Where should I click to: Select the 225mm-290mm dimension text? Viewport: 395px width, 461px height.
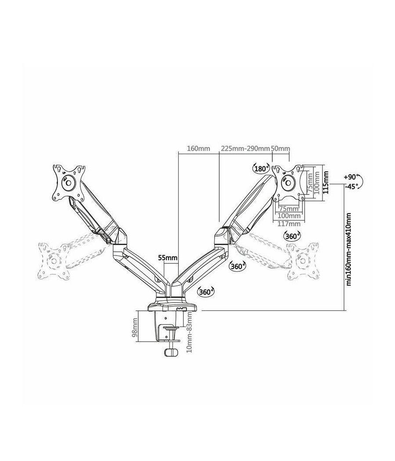point(245,148)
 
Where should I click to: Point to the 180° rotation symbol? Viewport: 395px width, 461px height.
point(261,169)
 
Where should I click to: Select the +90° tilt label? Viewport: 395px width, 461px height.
point(351,177)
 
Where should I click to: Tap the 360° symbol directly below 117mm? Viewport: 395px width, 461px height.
point(292,236)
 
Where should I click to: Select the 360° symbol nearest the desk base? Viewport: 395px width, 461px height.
point(206,291)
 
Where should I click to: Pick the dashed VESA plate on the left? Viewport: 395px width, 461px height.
point(53,260)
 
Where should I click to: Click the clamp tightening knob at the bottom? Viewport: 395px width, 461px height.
point(170,354)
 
